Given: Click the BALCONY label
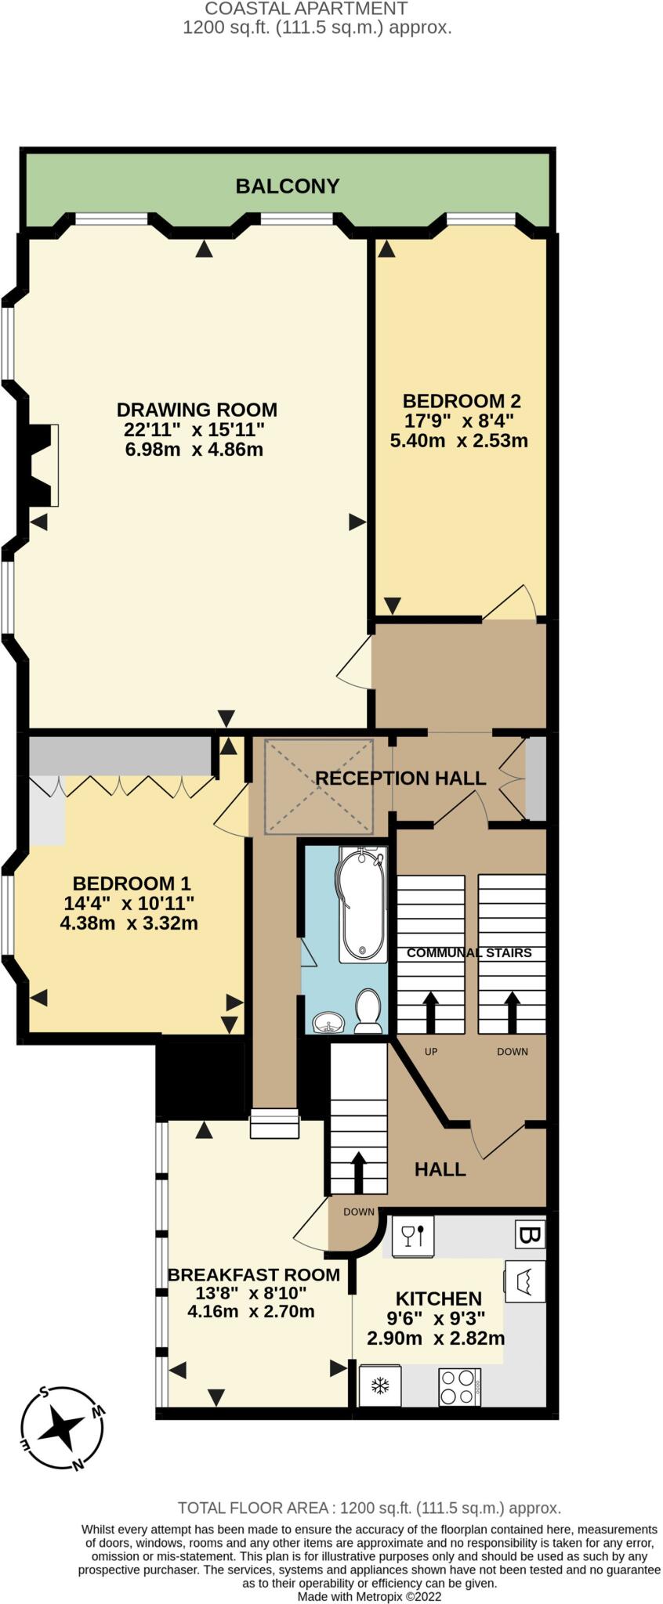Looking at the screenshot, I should point(287,186).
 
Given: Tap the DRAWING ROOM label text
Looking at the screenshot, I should point(197,410).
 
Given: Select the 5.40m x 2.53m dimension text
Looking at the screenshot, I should point(458,440).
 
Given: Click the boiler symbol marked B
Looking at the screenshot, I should point(530,1235).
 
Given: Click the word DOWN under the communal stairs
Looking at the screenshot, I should point(512,1051).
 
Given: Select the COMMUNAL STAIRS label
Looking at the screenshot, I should point(469,952).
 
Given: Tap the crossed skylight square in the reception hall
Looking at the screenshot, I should point(318,786).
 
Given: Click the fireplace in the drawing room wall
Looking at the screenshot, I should point(41,465).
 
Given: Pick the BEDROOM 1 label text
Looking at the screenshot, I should point(131,883).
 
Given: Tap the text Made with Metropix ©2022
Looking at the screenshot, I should point(369,1595).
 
